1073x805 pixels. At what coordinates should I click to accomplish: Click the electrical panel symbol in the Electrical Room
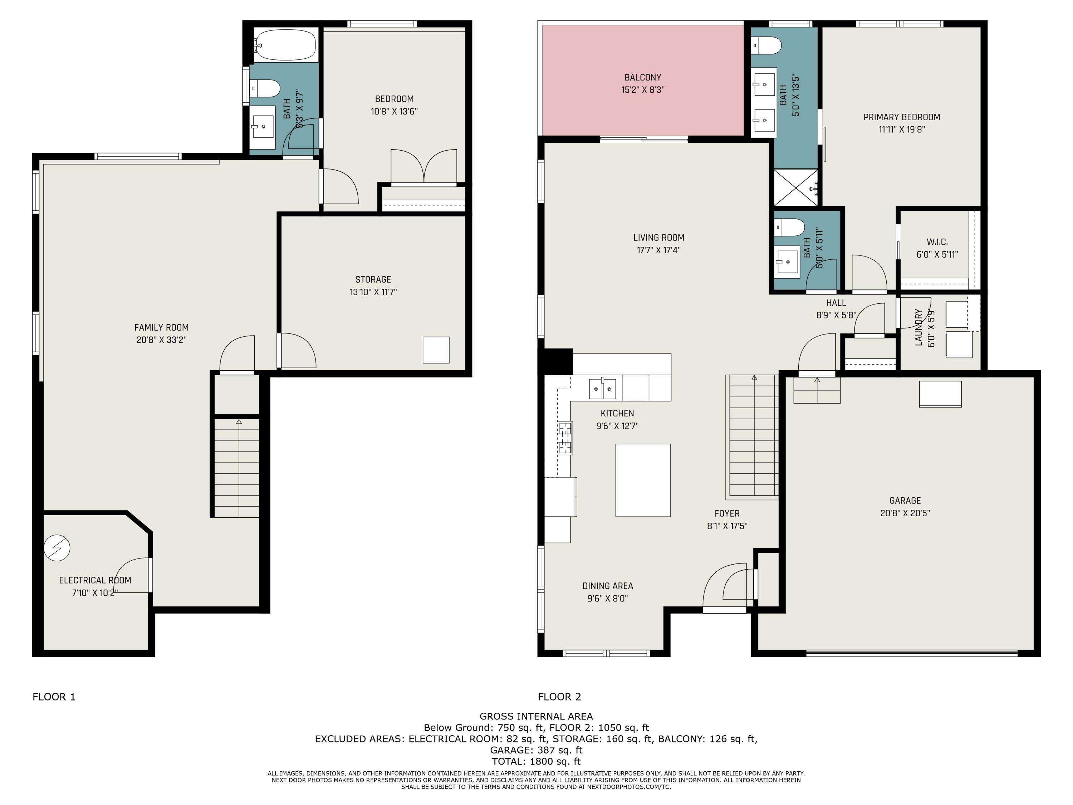coord(57,548)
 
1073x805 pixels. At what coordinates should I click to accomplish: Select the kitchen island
coord(643,480)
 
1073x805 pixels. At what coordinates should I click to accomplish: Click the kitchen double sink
coord(602,389)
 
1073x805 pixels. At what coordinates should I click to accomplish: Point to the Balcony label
coord(642,77)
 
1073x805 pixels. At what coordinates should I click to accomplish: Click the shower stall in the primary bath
coord(795,188)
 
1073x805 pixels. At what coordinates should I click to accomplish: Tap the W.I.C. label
coord(937,241)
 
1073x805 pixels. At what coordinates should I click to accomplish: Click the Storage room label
coord(373,279)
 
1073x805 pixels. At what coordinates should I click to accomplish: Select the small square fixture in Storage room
coord(436,350)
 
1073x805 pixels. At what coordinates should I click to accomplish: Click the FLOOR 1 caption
coord(54,697)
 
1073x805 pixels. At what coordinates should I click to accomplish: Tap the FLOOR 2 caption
coord(559,697)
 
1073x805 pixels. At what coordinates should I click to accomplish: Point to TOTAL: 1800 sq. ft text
coord(536,761)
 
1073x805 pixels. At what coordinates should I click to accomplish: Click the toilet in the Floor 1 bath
coord(265,89)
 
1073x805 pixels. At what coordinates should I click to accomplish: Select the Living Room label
coord(658,238)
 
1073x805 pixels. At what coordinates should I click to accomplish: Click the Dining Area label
coord(607,586)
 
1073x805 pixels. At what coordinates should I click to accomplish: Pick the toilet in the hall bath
coord(789,226)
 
